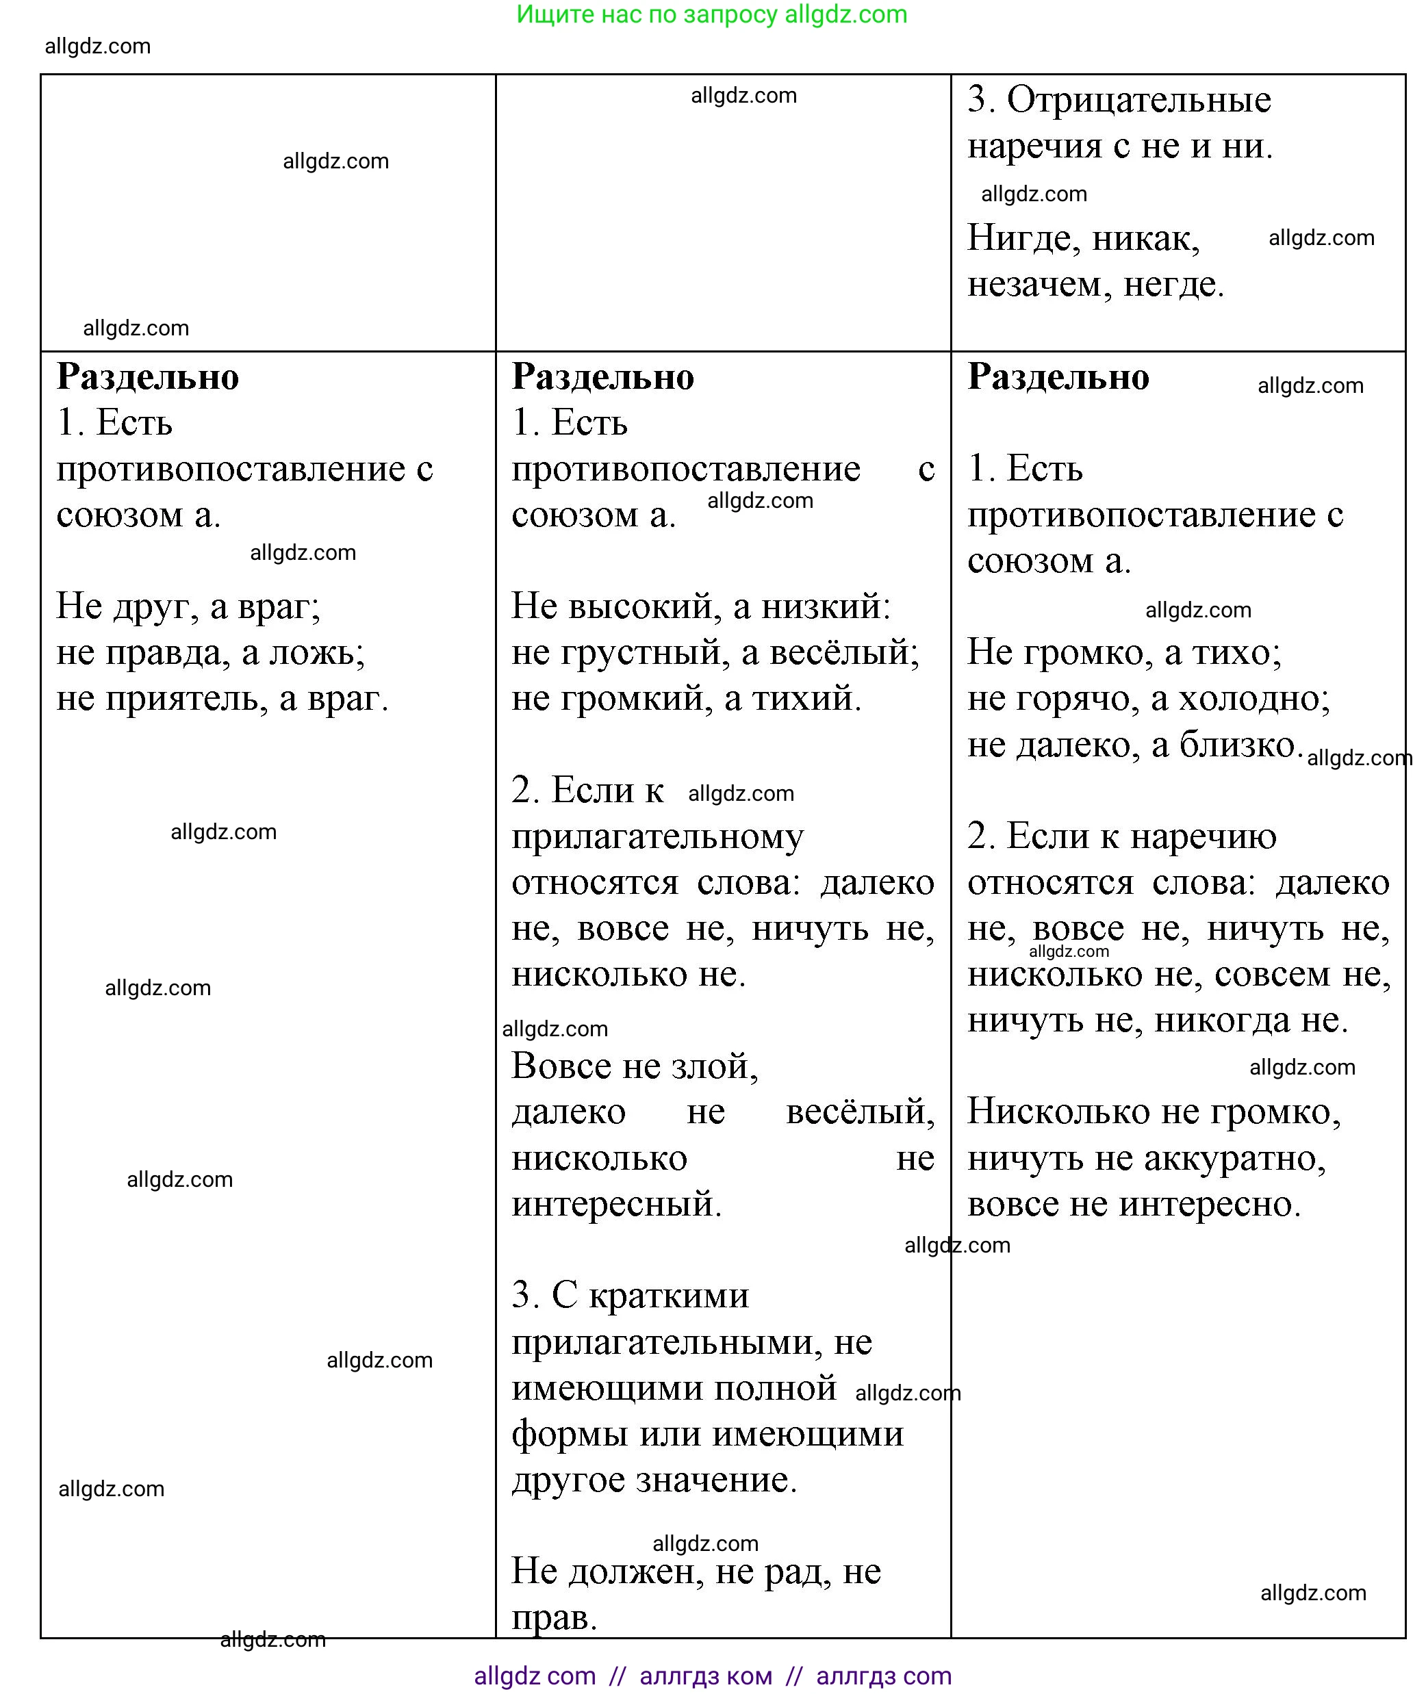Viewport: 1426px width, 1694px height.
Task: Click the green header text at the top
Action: tap(711, 14)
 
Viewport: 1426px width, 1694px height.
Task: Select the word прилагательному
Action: tap(657, 837)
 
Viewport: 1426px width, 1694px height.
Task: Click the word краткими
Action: tap(669, 1297)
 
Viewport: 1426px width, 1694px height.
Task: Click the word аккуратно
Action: tap(1234, 1159)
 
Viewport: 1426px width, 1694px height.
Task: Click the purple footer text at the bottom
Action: tap(712, 1676)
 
